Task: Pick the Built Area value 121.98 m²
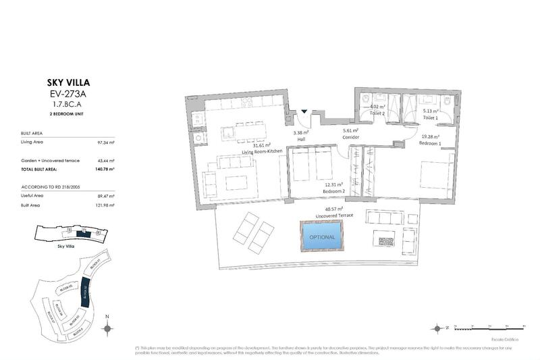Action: [x=105, y=205]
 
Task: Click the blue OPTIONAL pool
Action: [x=322, y=237]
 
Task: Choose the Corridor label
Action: [x=350, y=137]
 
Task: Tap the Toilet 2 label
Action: [x=377, y=113]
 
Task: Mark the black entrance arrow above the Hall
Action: [x=304, y=111]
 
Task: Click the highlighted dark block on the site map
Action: [x=85, y=292]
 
